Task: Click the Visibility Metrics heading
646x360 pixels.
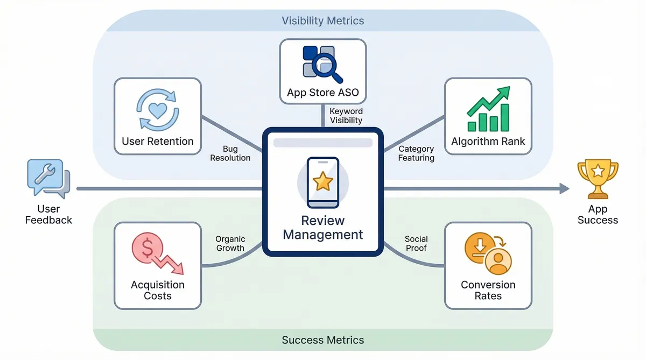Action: (x=323, y=21)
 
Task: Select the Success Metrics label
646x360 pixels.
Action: (x=323, y=340)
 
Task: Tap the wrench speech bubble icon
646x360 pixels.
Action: (x=47, y=177)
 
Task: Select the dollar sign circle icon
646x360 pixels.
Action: (x=146, y=248)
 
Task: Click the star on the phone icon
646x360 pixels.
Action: (x=322, y=182)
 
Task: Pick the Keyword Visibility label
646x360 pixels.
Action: (x=346, y=116)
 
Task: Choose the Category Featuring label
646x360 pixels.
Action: (x=416, y=153)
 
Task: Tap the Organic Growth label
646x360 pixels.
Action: (x=230, y=243)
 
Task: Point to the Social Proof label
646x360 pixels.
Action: (x=416, y=243)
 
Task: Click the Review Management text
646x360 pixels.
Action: (x=323, y=228)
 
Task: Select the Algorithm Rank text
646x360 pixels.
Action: (x=488, y=142)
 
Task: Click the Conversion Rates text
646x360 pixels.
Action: (x=488, y=290)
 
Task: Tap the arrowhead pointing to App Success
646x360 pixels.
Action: (x=564, y=188)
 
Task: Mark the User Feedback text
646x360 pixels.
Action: (x=48, y=214)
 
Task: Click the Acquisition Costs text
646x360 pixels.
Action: (x=158, y=290)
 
